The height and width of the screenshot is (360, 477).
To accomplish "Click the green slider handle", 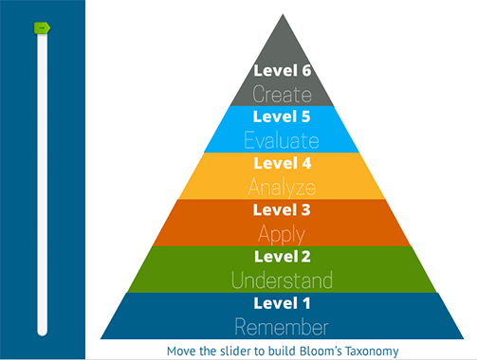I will [41, 28].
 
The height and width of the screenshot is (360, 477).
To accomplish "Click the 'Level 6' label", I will [283, 70].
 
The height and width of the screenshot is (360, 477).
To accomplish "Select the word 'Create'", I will [283, 94].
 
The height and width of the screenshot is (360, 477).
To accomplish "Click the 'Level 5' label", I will [283, 117].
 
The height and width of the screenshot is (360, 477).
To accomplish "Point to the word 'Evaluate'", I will [283, 140].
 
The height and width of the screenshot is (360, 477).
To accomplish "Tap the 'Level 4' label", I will [283, 163].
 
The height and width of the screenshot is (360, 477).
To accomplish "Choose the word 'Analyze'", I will [283, 187].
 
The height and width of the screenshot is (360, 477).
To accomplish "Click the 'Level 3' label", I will [283, 209].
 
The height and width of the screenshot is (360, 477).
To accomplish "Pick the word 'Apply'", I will [283, 233].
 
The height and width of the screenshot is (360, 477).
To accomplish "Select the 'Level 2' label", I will [283, 256].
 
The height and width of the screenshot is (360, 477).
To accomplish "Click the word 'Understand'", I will [283, 280].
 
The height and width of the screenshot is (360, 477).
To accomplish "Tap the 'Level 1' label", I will [283, 303].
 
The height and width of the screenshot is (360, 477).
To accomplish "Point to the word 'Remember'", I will [283, 327].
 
